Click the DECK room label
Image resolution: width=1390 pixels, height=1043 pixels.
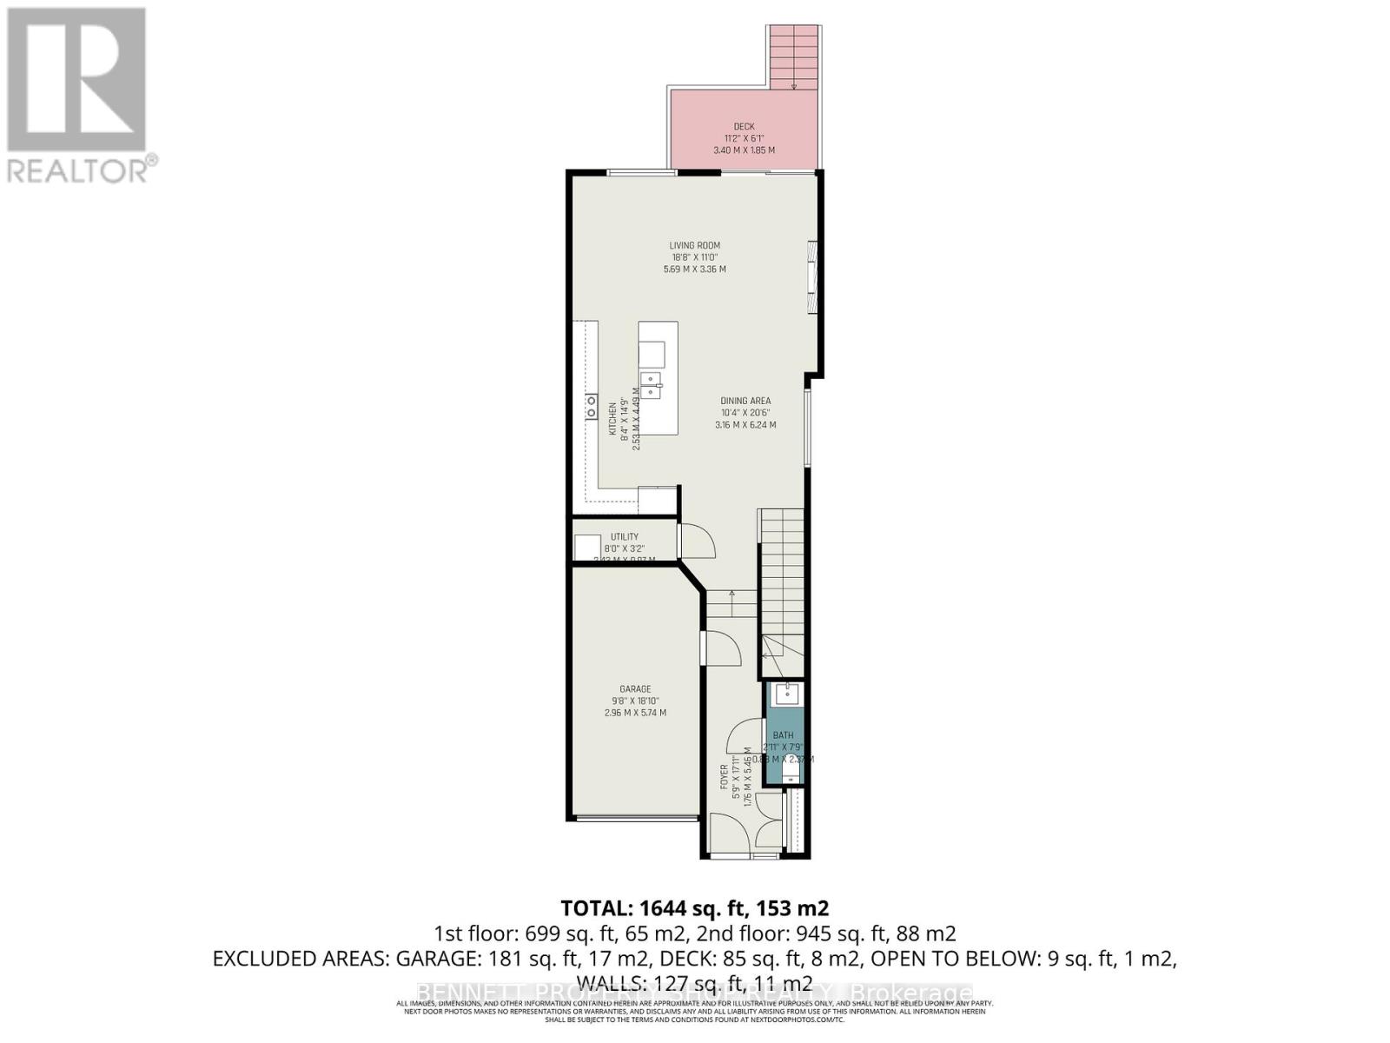coord(744,127)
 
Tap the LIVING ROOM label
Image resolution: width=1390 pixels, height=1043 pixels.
coord(694,246)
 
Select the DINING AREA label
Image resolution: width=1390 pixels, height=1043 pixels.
coord(745,402)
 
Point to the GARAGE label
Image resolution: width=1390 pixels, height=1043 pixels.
coord(635,689)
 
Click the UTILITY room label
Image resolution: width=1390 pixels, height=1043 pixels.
coord(624,537)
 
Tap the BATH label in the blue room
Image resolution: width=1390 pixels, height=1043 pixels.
coord(784,735)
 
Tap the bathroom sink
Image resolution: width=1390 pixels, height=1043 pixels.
coord(787,694)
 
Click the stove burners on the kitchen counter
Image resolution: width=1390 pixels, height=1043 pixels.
coord(592,406)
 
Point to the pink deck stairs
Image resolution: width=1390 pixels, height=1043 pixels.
coord(794,56)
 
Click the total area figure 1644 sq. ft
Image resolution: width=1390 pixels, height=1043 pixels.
coord(694,909)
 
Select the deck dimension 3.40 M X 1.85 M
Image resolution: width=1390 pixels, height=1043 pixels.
coord(744,150)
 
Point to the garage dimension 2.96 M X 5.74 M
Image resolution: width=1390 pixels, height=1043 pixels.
coord(635,713)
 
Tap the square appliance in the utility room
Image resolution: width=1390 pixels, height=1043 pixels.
coord(587,548)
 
